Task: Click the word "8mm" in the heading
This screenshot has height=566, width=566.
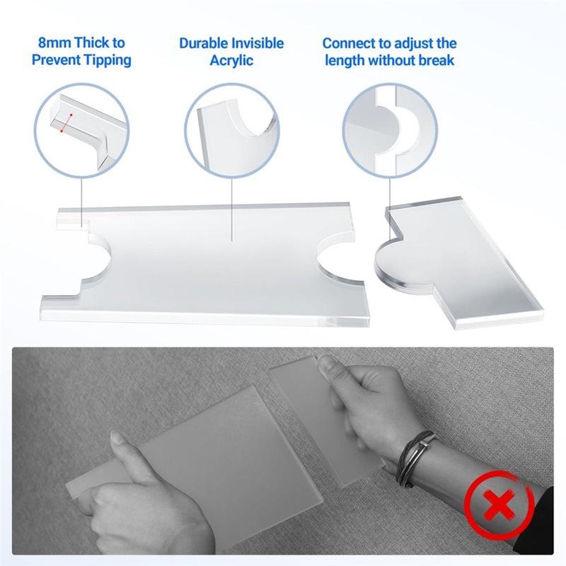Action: pos(53,43)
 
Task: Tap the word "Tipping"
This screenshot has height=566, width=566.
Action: pos(105,60)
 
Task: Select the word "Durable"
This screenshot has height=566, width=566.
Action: pos(204,43)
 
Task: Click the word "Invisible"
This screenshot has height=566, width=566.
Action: pos(258,43)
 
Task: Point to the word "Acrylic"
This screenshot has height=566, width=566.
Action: pos(231,60)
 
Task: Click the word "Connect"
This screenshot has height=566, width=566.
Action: pos(349,43)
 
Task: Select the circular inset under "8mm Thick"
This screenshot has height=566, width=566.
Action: pos(82,127)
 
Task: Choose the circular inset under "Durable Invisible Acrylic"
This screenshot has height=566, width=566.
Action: pos(232,127)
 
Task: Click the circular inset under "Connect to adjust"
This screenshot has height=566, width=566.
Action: pos(389,127)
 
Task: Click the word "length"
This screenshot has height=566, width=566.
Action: pos(349,60)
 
